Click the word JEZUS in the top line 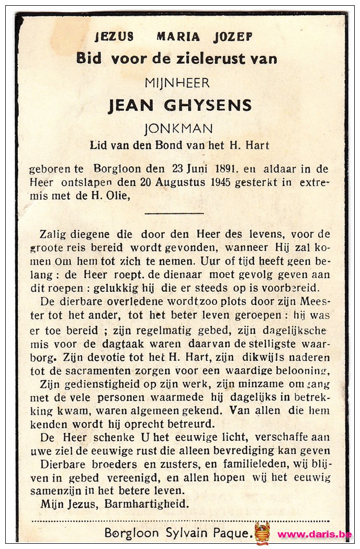click(114, 37)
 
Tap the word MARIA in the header click(178, 37)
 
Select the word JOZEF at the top click(233, 37)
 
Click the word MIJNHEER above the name click(177, 83)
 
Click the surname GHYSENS click(208, 106)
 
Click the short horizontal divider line click(174, 213)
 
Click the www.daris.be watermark click(314, 534)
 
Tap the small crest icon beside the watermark click(262, 533)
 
